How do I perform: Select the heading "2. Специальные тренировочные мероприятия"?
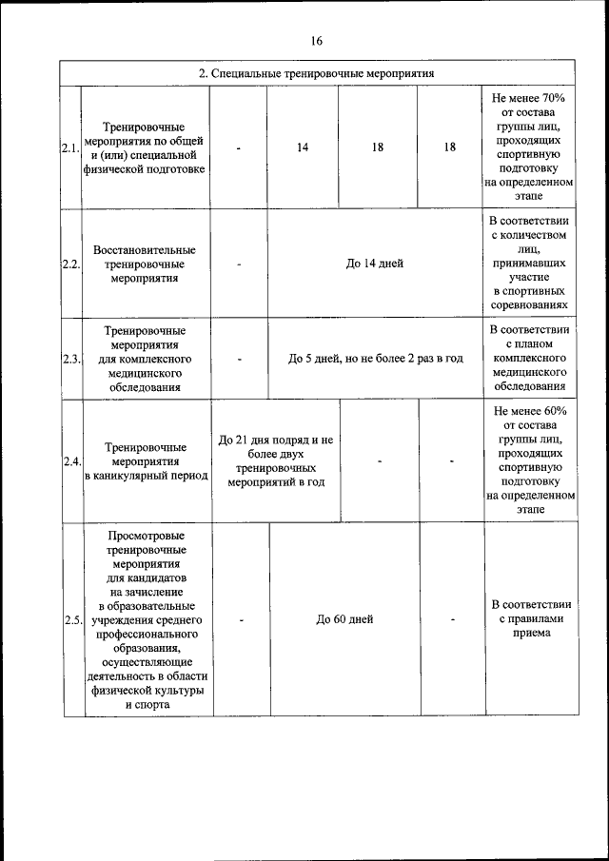point(316,72)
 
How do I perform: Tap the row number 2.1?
point(70,148)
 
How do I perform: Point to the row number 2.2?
point(70,264)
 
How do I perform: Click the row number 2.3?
point(70,359)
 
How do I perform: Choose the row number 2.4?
point(70,461)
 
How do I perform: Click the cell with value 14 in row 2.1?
point(303,147)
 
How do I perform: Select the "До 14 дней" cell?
point(374,264)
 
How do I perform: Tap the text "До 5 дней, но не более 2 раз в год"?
point(375,359)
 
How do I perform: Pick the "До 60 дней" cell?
point(344,619)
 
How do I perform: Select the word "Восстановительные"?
point(146,248)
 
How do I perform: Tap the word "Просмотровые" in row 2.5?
point(147,537)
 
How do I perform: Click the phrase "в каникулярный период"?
point(146,476)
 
